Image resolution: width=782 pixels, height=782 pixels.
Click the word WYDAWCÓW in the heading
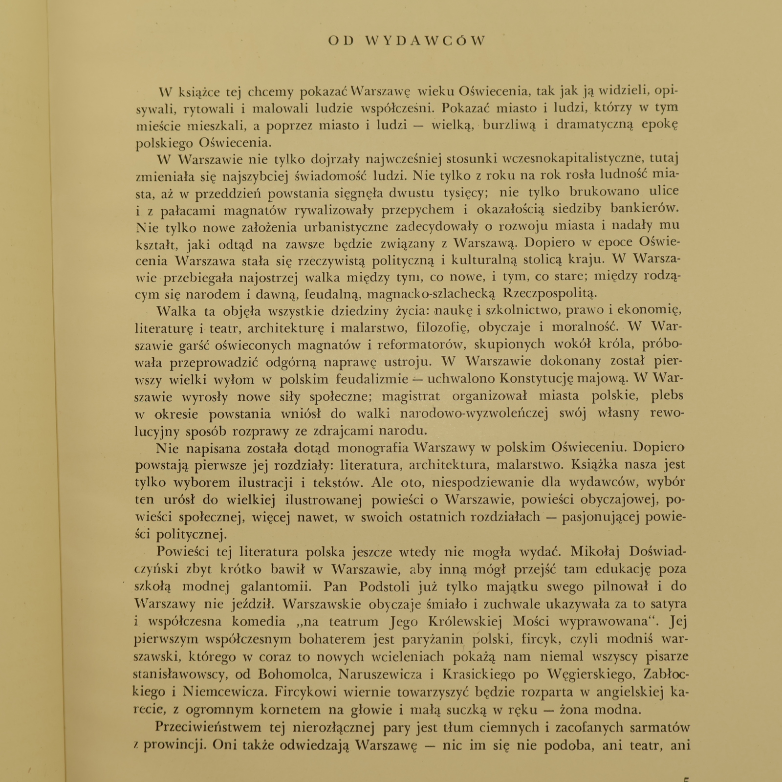(x=425, y=41)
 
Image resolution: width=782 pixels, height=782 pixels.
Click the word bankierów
(x=645, y=209)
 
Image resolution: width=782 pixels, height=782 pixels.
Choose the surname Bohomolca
(x=290, y=674)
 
